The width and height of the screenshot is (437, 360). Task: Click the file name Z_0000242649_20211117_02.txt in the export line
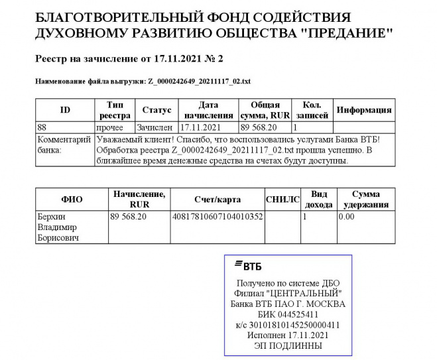pos(199,82)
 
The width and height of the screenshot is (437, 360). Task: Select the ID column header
pos(65,110)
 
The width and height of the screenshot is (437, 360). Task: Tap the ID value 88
pos(42,127)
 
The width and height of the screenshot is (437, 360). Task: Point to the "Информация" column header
pos(364,110)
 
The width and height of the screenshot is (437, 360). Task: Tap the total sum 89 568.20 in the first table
pos(258,127)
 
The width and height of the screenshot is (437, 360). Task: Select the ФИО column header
pos(72,200)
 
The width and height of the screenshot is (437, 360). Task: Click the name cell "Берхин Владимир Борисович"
pos(60,227)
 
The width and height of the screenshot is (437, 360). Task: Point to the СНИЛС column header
pos(282,200)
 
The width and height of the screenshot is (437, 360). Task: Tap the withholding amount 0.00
pos(346,216)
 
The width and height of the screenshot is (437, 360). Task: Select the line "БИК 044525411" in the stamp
pos(288,314)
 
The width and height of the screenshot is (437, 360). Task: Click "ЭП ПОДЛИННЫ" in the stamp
pos(288,345)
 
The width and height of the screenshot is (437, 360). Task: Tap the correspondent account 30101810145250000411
pos(288,325)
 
